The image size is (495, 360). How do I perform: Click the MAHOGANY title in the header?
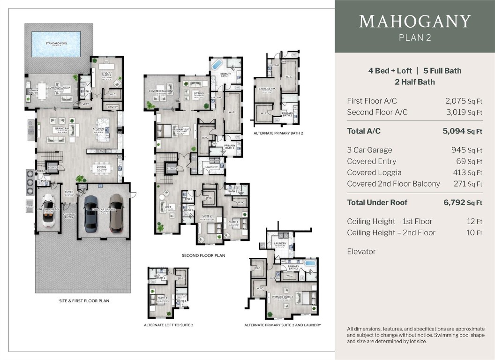click(x=414, y=22)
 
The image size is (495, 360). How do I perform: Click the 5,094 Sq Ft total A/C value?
click(x=462, y=131)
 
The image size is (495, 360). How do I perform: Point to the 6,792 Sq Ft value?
click(x=462, y=202)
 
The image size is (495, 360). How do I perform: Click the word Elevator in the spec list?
click(x=361, y=251)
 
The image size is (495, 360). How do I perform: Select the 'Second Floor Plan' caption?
click(x=203, y=255)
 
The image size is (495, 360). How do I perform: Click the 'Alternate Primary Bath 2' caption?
click(x=278, y=133)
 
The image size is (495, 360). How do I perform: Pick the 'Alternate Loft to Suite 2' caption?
click(x=168, y=325)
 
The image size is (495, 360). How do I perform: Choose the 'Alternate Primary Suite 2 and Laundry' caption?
click(x=282, y=325)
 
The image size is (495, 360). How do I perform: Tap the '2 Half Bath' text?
click(x=414, y=82)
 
